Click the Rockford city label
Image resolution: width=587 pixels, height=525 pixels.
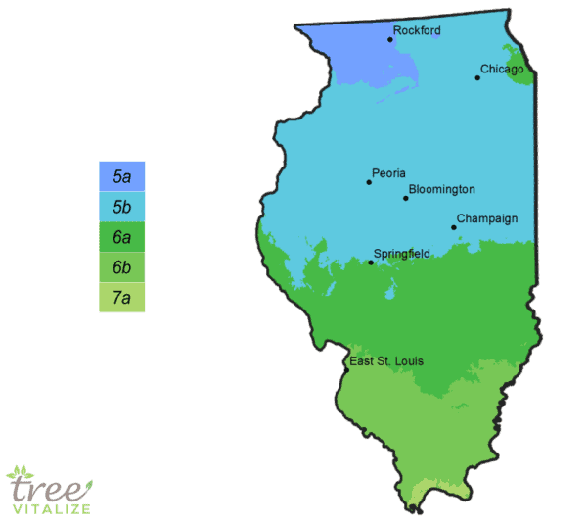pos(417,30)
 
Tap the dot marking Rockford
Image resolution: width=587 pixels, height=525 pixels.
pos(389,39)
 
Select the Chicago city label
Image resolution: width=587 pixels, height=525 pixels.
pos(502,70)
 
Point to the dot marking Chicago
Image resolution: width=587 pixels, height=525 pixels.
pos(477,77)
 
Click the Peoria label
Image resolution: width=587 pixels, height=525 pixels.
pos(388,173)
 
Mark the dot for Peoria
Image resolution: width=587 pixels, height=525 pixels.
pos(369,182)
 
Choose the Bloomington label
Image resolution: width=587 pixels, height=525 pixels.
pos(441,189)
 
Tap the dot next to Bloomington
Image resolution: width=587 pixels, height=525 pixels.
pos(405,198)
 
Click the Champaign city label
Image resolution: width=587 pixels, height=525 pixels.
pos(486,218)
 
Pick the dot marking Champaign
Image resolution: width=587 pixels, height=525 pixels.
pos(453,227)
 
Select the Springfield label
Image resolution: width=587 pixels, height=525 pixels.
pos(401,254)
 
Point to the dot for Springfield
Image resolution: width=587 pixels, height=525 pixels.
pos(370,262)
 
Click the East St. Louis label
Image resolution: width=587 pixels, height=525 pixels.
pos(386,362)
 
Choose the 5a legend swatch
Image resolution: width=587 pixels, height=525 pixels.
pos(121,176)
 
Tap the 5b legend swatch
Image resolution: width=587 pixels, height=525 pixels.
pos(121,207)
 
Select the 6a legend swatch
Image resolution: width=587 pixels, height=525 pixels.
pos(121,237)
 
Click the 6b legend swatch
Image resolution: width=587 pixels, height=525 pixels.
pos(121,267)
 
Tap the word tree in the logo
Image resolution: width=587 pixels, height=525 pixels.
pos(43,486)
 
